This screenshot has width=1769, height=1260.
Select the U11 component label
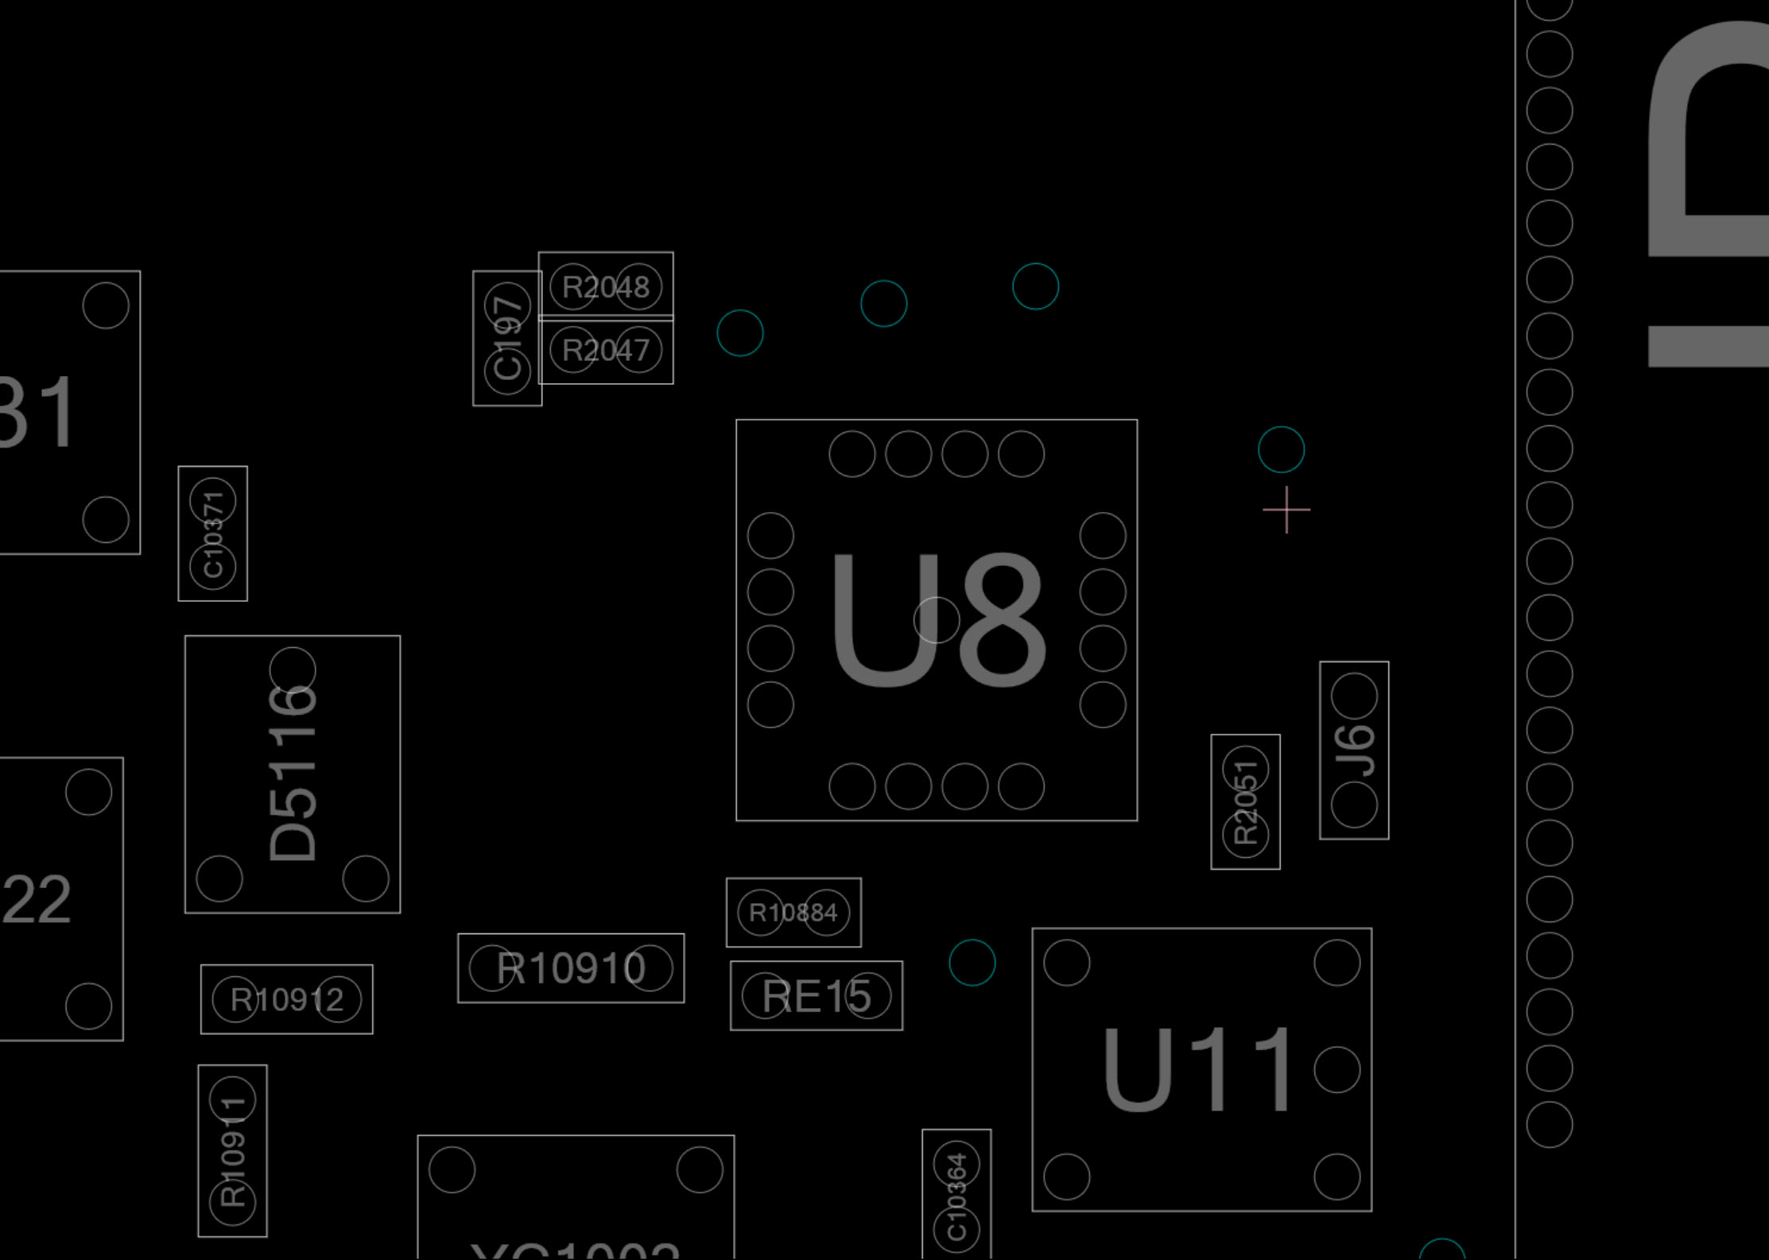tap(1199, 1069)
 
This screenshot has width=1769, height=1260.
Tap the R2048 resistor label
tap(606, 287)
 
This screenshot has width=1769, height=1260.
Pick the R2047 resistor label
tap(606, 350)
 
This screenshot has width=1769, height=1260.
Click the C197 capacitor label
tap(507, 338)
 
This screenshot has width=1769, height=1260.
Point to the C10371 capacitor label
tap(213, 533)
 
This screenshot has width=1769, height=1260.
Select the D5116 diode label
tap(293, 773)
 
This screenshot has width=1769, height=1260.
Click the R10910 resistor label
tap(571, 968)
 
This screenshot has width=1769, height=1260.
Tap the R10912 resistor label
tap(287, 999)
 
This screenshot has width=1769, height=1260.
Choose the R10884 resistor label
tap(793, 913)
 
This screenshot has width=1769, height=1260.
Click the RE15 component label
tap(817, 996)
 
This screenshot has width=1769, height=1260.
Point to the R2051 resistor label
tap(1245, 802)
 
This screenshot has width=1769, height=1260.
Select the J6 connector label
tap(1354, 750)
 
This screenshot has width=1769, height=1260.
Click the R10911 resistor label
tap(232, 1151)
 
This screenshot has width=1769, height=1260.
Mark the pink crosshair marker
tap(1286, 510)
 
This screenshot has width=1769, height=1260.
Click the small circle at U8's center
tap(937, 620)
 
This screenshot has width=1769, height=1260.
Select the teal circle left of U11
tap(972, 963)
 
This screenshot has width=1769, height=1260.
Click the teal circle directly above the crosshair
tap(1282, 449)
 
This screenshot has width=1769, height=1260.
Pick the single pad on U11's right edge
tap(1337, 1069)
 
